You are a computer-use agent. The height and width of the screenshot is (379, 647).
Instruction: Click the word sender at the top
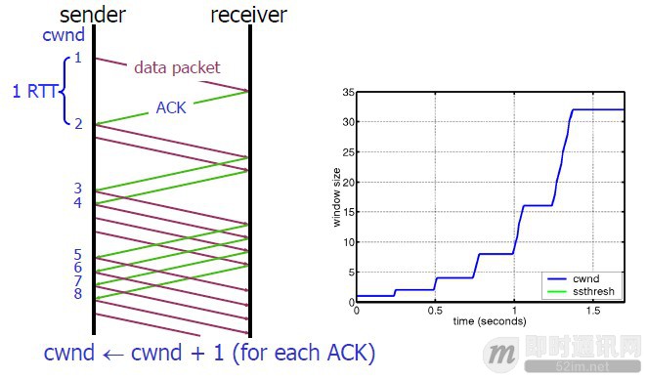tap(94, 15)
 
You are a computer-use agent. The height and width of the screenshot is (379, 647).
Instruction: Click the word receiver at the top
tap(249, 15)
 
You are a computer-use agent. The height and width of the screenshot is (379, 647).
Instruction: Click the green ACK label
tap(171, 108)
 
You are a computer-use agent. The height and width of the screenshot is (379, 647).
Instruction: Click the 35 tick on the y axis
tap(347, 94)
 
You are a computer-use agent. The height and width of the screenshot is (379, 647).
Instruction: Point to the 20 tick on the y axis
tap(347, 183)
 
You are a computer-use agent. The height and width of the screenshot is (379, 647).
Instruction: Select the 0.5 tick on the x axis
tap(435, 310)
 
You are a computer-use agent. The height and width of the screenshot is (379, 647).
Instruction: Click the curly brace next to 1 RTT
tap(66, 92)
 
